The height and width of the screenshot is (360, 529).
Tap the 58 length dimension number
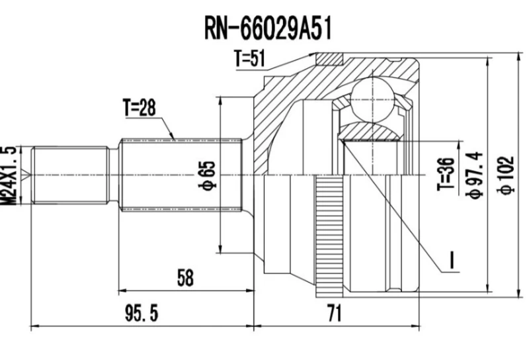(x=186, y=279)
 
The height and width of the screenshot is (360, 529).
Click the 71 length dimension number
(x=335, y=312)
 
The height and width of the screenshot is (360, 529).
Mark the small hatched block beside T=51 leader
(x=327, y=60)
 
